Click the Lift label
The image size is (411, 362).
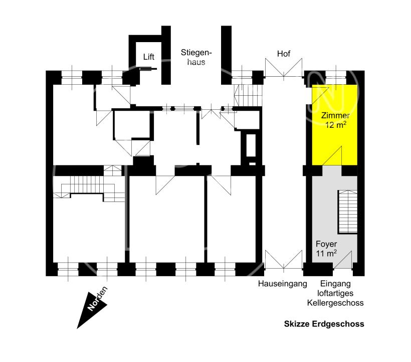point(149,57)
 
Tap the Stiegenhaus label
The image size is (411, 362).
point(196,57)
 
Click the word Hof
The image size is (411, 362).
point(284,54)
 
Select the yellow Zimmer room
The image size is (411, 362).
point(334,125)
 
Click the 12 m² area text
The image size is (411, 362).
point(336,125)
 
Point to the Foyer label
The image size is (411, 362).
point(326,244)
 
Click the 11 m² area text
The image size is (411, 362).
point(326,254)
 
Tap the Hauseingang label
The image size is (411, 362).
point(282,284)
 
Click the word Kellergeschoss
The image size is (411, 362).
point(335,303)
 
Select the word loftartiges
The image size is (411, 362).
point(335,293)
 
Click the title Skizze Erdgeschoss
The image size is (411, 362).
point(324,324)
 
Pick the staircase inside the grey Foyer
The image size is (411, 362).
point(347,212)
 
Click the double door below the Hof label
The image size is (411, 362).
point(284,68)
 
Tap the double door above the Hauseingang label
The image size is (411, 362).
point(284,260)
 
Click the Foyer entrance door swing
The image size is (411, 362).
point(343,260)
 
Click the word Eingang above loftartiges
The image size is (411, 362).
point(335,284)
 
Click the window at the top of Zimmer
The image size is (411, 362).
point(336,78)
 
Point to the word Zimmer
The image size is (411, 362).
point(335,115)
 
